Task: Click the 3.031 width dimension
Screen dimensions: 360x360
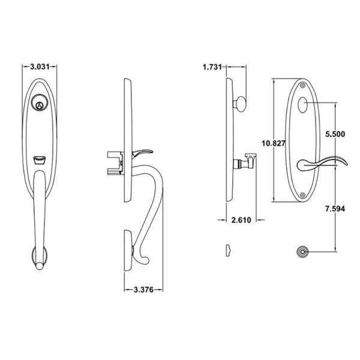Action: [x=39, y=68]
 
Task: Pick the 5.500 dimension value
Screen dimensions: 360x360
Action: [x=333, y=136]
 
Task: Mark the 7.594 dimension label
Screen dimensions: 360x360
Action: [x=333, y=209]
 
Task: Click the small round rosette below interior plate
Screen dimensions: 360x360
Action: [x=301, y=251]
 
